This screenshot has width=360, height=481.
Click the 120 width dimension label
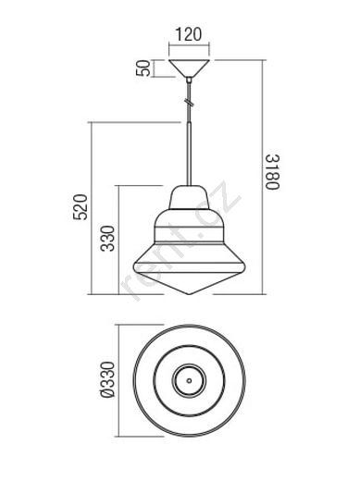tap(189, 34)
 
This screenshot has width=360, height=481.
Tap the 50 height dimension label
tap(143, 68)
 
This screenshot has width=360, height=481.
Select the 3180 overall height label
tap(273, 172)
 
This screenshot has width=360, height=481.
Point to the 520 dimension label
tap(81, 207)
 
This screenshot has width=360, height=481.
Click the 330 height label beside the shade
tap(107, 239)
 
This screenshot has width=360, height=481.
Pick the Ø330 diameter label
tap(107, 380)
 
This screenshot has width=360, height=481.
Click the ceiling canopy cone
tap(189, 68)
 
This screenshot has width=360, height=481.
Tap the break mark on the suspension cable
tap(189, 102)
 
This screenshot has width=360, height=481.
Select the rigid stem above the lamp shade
tap(189, 154)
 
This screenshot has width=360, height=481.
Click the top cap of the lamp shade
tap(189, 197)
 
